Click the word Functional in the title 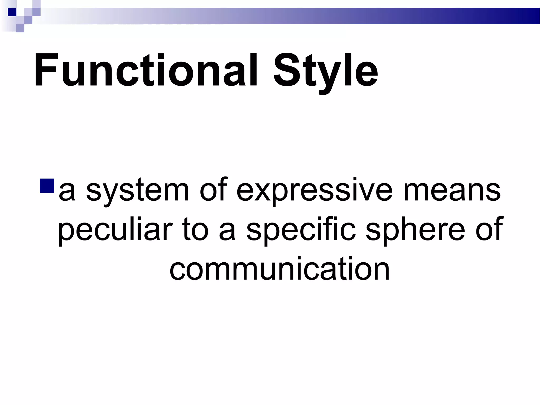tap(145, 70)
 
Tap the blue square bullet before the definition tap(47, 186)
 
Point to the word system tap(137, 190)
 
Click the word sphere tap(416, 230)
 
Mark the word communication tap(279, 269)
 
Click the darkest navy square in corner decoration tap(12, 12)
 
